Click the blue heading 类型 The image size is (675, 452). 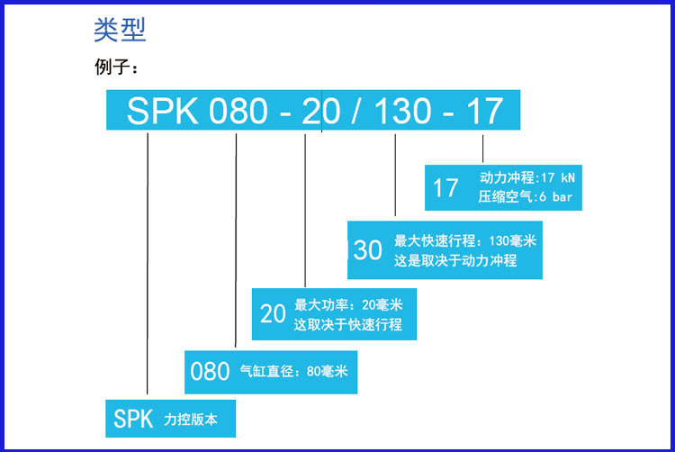coord(120,31)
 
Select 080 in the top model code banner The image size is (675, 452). coord(238,112)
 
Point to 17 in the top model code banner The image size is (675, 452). coord(484,112)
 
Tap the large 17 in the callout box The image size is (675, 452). coord(446,188)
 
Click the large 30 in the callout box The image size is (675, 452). coord(367,249)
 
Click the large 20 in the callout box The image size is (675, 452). coord(273,313)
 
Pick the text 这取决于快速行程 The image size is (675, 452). coord(348,324)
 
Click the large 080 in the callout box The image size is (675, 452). coord(210,371)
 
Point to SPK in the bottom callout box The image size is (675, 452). coord(134,418)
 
